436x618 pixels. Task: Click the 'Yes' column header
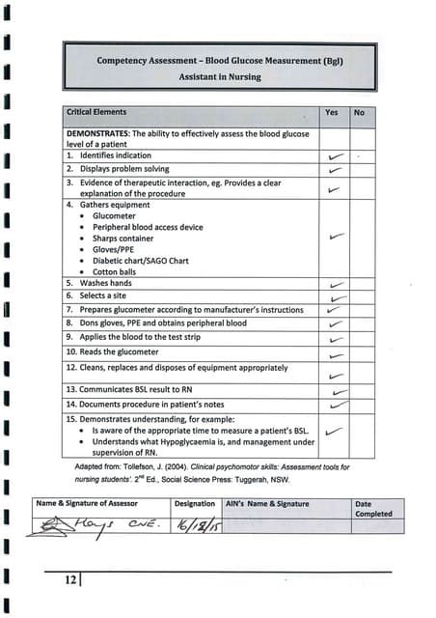[x=331, y=113]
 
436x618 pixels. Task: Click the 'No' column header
[x=359, y=113]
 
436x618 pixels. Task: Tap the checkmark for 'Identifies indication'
[x=335, y=155]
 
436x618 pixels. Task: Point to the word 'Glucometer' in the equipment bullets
[x=116, y=217]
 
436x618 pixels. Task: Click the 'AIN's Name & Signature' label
[x=266, y=503]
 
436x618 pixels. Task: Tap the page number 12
[x=70, y=579]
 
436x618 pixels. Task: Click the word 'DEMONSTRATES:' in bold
[x=96, y=132]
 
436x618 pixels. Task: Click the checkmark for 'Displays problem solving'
[x=335, y=170]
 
